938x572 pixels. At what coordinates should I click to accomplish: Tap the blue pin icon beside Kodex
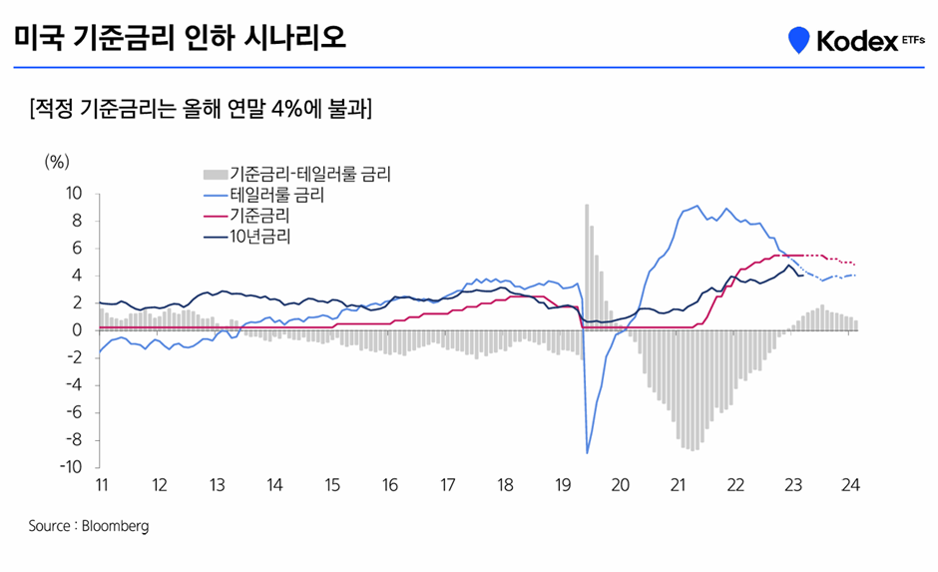click(798, 41)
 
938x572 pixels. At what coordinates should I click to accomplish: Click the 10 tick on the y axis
click(74, 193)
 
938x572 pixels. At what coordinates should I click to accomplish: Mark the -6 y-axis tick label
click(74, 412)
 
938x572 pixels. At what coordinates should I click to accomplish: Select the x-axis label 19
click(562, 485)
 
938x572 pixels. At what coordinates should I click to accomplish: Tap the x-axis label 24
click(851, 485)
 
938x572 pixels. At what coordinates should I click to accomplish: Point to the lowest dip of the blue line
click(587, 452)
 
